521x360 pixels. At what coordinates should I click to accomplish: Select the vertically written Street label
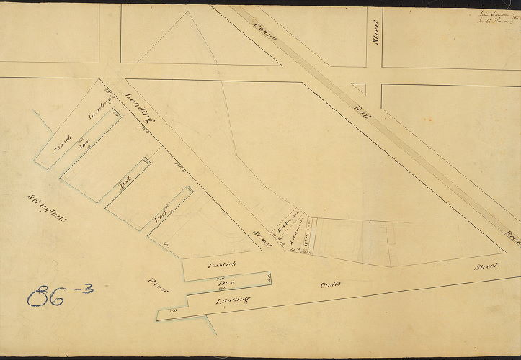(x=376, y=32)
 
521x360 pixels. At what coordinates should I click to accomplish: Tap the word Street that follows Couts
(x=486, y=267)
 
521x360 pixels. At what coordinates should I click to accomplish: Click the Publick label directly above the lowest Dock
(x=222, y=265)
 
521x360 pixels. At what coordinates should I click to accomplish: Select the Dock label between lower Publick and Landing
(x=222, y=283)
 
